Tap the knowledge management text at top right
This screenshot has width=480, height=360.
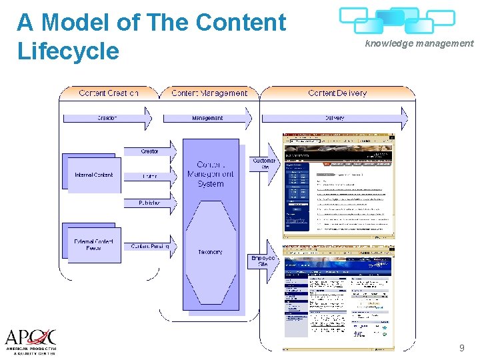[x=419, y=43]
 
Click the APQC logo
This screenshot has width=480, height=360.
[x=30, y=341]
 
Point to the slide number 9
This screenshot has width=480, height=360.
[x=461, y=348]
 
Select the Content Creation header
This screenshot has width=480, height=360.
[x=109, y=93]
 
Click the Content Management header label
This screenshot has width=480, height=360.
[x=209, y=93]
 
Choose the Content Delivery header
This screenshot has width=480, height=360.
[x=337, y=93]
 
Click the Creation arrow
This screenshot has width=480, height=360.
[x=107, y=118]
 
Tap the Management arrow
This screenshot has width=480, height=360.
[x=207, y=118]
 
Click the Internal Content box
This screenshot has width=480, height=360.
[x=94, y=175]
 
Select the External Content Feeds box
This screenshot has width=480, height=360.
[x=94, y=244]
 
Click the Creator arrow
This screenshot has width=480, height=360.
[x=151, y=151]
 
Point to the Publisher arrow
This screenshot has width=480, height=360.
[x=151, y=203]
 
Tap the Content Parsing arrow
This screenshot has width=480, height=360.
[x=151, y=247]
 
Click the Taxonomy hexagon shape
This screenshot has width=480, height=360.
[x=210, y=252]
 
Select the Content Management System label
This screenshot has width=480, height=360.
[x=210, y=174]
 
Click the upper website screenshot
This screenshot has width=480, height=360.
[x=338, y=185]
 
